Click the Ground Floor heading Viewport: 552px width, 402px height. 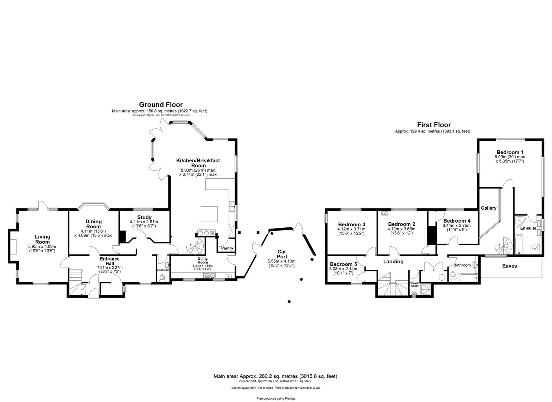click(161, 105)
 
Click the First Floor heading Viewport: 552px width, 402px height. click(433, 125)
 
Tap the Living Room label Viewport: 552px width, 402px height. click(42, 239)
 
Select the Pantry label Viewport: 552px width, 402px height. click(227, 248)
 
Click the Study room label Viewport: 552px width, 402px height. click(144, 217)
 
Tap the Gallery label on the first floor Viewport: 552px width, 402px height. click(488, 208)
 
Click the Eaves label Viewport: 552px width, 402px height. click(509, 266)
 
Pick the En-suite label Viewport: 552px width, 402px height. click(528, 228)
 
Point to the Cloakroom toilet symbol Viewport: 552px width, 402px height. click(162, 278)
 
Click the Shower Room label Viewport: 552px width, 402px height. click(414, 284)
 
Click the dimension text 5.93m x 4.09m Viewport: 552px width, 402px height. click(42, 246)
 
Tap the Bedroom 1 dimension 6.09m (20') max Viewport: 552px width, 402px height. click(509, 157)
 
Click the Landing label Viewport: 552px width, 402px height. click(393, 262)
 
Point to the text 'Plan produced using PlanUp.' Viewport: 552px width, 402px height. click(276, 398)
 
